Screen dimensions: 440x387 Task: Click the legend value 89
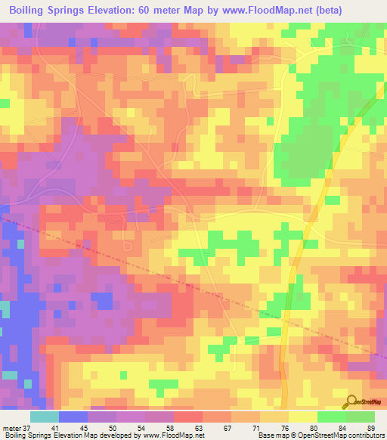point(370,427)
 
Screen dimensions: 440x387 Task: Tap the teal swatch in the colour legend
point(45,417)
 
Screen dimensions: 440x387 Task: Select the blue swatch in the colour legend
point(73,417)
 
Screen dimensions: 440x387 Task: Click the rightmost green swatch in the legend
point(361,417)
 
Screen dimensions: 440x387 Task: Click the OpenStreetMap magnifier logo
point(351,401)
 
